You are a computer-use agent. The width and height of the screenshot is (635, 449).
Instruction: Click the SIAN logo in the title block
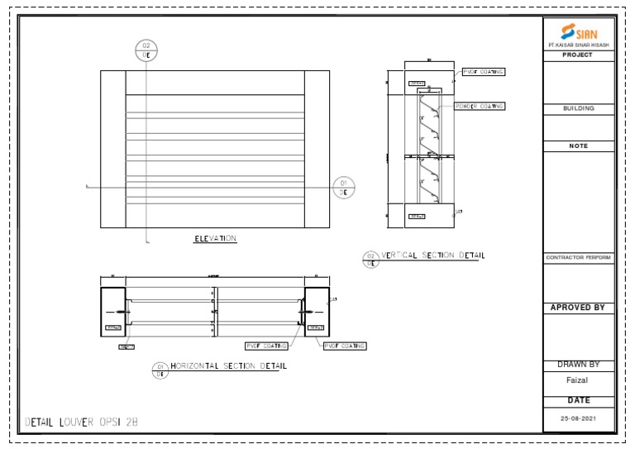pyautogui.click(x=578, y=32)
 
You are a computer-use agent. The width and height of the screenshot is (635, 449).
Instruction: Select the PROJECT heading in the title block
pyautogui.click(x=578, y=55)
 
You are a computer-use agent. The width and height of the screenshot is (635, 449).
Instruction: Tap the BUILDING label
pyautogui.click(x=578, y=108)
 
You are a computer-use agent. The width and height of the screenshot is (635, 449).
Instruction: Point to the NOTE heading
pyautogui.click(x=578, y=146)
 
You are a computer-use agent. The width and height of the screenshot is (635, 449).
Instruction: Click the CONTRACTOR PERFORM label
pyautogui.click(x=578, y=258)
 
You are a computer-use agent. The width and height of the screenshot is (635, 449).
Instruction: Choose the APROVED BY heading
pyautogui.click(x=578, y=308)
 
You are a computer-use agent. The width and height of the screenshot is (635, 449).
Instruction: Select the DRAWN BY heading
pyautogui.click(x=578, y=365)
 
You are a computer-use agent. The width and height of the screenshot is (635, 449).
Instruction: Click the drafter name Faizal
pyautogui.click(x=578, y=380)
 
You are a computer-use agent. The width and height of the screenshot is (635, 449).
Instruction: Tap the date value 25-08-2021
pyautogui.click(x=578, y=418)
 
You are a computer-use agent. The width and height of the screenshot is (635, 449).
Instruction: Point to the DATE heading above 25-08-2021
pyautogui.click(x=578, y=400)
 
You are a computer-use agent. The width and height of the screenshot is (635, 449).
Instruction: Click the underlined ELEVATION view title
pyautogui.click(x=215, y=239)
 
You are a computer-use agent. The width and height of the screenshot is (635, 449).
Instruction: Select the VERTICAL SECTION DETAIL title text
pyautogui.click(x=433, y=256)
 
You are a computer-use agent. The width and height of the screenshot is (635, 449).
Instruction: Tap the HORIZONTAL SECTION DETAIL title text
pyautogui.click(x=229, y=365)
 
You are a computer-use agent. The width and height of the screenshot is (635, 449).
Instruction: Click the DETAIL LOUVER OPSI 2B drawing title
pyautogui.click(x=82, y=423)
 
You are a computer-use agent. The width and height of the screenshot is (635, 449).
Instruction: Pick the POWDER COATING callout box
pyautogui.click(x=480, y=107)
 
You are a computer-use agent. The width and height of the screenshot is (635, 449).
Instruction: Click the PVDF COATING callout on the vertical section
pyautogui.click(x=483, y=72)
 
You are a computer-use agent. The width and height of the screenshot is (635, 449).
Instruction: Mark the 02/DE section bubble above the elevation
pyautogui.click(x=146, y=50)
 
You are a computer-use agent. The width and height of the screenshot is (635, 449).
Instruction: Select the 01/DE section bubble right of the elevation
pyautogui.click(x=344, y=188)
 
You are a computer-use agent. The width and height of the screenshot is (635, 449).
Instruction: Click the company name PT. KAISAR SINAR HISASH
pyautogui.click(x=578, y=45)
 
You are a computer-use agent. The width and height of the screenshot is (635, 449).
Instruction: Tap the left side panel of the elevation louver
pyautogui.click(x=112, y=149)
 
